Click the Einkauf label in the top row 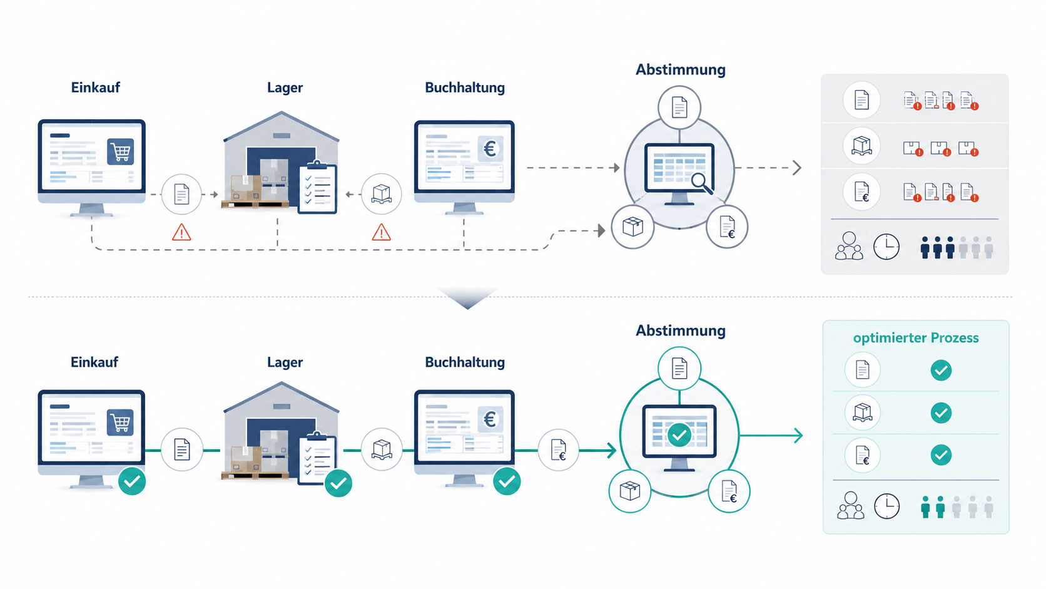click(95, 88)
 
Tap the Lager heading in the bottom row click(285, 362)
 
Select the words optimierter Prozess click(916, 338)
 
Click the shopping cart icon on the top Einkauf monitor click(121, 151)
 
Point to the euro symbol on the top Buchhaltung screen click(490, 149)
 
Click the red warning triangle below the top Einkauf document click(181, 232)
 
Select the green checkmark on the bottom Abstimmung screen click(679, 435)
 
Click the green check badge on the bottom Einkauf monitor click(132, 481)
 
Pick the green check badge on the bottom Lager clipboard click(338, 483)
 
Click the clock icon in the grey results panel click(886, 247)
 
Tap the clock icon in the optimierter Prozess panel click(886, 506)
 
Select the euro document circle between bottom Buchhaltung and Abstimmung click(559, 450)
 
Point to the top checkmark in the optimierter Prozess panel click(941, 371)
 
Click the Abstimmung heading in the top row click(681, 69)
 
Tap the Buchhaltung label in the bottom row click(465, 362)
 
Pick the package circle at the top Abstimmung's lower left click(632, 227)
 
